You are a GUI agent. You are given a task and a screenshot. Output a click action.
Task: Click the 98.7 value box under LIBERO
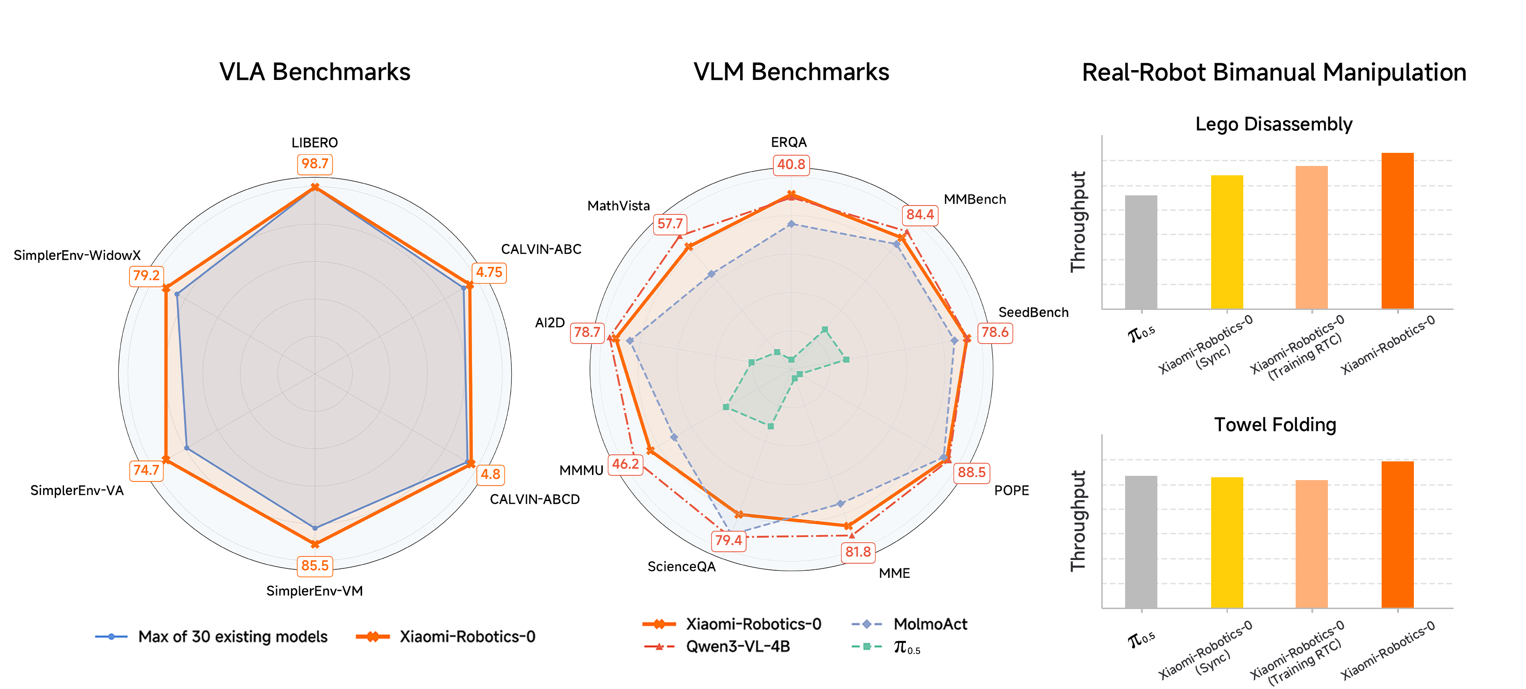pyautogui.click(x=314, y=164)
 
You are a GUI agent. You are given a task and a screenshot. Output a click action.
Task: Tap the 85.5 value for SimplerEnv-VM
pyautogui.click(x=314, y=566)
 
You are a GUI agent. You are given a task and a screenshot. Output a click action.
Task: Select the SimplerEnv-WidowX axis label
pyautogui.click(x=77, y=255)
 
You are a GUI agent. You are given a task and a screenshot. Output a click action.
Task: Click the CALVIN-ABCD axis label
pyautogui.click(x=535, y=499)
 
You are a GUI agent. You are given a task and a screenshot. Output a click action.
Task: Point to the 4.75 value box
pyautogui.click(x=489, y=273)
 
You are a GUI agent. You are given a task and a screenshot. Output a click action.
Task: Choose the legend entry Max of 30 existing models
pyautogui.click(x=232, y=637)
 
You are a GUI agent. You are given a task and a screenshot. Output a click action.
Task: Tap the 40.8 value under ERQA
pyautogui.click(x=791, y=165)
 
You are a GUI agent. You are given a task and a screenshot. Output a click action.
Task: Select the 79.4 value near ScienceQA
pyautogui.click(x=728, y=540)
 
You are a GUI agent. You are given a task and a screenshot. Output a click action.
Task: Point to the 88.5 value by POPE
pyautogui.click(x=971, y=473)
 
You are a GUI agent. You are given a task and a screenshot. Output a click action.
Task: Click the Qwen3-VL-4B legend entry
pyautogui.click(x=737, y=647)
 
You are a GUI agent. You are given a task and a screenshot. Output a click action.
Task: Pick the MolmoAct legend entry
pyautogui.click(x=930, y=624)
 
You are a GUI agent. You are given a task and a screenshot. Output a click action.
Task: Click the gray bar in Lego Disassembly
pyautogui.click(x=1141, y=252)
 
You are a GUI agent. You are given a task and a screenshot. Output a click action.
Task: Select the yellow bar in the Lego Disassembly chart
pyautogui.click(x=1227, y=242)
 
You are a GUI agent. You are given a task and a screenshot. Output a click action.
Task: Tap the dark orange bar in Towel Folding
pyautogui.click(x=1398, y=534)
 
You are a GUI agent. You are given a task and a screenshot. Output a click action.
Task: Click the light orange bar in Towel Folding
pyautogui.click(x=1312, y=543)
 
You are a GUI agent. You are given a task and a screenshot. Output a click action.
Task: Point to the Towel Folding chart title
pyautogui.click(x=1275, y=425)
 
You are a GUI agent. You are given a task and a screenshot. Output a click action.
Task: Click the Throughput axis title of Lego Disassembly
pyautogui.click(x=1078, y=222)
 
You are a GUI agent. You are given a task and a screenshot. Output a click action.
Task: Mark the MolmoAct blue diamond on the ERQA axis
pyautogui.click(x=791, y=224)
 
